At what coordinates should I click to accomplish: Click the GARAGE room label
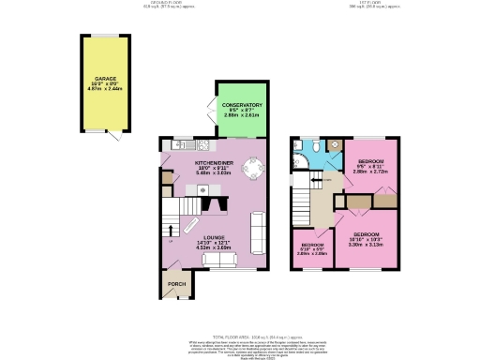click(103, 79)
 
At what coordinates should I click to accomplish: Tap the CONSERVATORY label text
click(241, 106)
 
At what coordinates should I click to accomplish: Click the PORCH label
click(175, 285)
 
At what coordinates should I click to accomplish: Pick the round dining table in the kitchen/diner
click(253, 170)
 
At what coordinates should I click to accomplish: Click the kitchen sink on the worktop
click(175, 146)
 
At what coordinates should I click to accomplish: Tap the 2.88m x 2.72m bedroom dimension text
click(362, 172)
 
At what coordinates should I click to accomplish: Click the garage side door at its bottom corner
click(114, 137)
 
